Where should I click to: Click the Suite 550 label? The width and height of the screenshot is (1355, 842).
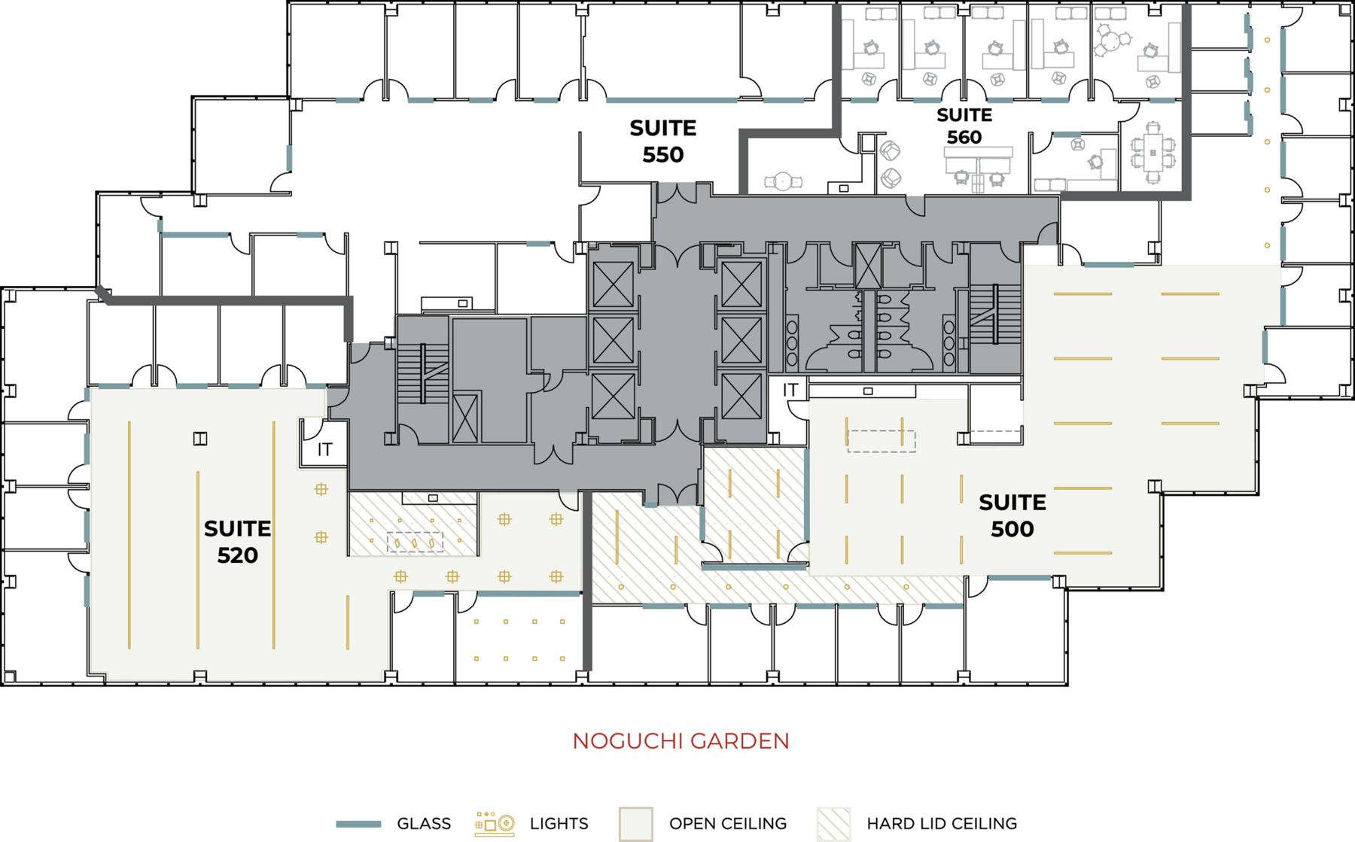point(663,141)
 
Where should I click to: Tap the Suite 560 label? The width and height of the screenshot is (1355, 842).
point(964,126)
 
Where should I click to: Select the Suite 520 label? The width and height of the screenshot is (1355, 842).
point(237,542)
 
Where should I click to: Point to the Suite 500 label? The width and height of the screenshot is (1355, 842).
point(1012,515)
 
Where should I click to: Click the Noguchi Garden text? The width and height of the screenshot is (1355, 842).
point(681,741)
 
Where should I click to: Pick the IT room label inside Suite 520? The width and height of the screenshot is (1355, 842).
point(324,450)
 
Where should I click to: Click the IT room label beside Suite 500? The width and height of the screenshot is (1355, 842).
point(790,390)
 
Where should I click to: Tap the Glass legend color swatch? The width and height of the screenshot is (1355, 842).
point(358,824)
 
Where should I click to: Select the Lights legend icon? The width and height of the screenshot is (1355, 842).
point(495,824)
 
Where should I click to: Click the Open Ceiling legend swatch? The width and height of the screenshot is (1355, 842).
point(635,824)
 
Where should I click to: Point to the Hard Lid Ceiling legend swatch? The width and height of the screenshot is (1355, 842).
point(834,824)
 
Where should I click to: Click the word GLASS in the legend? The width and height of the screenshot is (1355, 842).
point(424,824)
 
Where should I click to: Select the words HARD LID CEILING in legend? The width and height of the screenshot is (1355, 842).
point(942,824)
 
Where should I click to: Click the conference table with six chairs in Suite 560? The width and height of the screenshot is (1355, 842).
point(1153,153)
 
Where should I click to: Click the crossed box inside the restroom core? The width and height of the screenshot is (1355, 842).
point(868,265)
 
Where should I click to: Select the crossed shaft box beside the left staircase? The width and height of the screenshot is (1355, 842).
point(465,418)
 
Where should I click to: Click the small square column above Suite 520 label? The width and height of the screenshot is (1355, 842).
point(200,438)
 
